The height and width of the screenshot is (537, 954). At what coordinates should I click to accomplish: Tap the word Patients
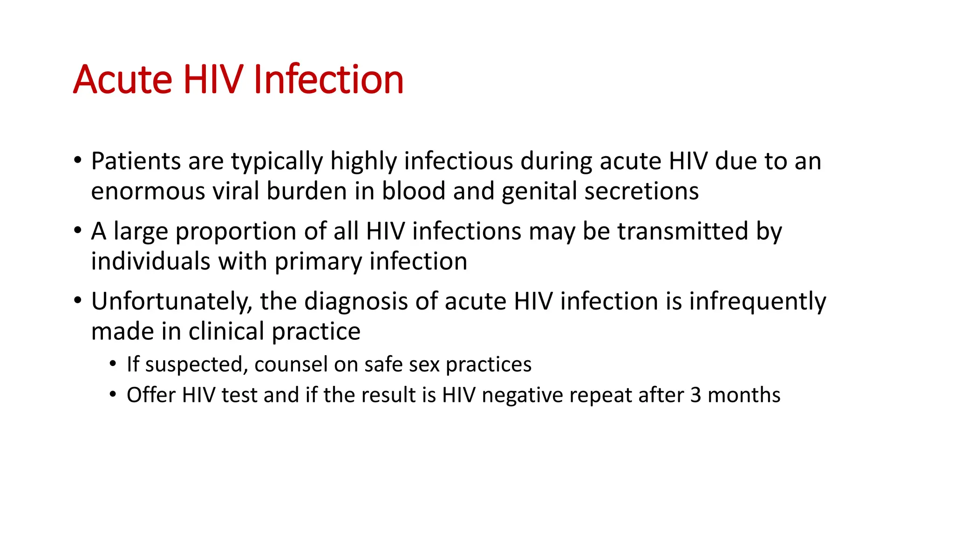tap(136, 161)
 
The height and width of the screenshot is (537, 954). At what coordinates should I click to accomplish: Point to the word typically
tap(277, 162)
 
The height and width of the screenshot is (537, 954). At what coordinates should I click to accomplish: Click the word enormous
tap(148, 192)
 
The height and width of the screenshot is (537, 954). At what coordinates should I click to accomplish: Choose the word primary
tap(318, 262)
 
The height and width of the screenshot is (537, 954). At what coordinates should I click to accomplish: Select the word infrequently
tap(757, 302)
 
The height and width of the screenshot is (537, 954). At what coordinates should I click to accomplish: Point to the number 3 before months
tap(695, 395)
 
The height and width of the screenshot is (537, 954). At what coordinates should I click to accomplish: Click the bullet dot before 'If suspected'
tap(113, 364)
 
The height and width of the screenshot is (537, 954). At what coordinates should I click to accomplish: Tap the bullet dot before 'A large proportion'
tap(78, 230)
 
